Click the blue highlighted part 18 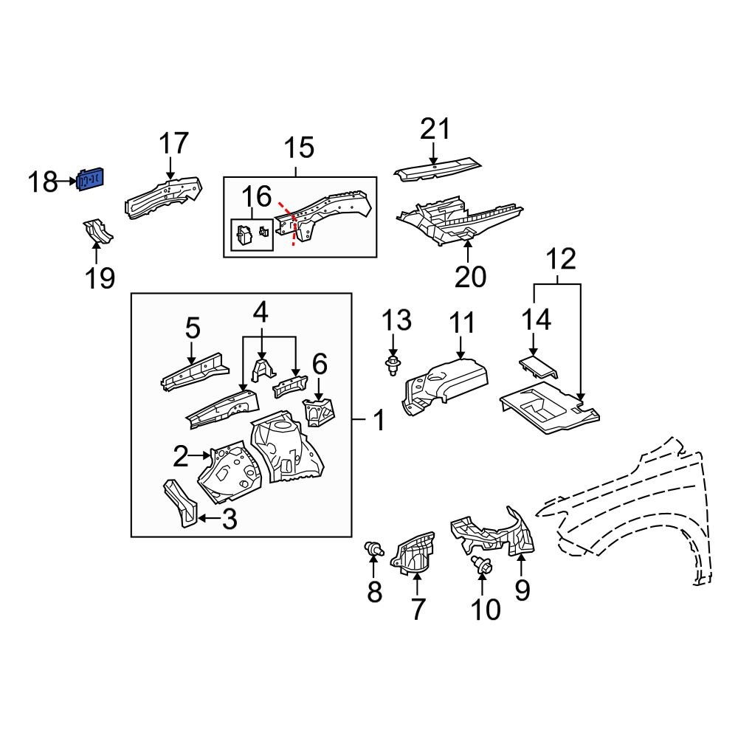(92, 179)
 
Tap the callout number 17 (174, 143)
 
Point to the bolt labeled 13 (393, 363)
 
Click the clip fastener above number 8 (374, 548)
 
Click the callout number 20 (471, 277)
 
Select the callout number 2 (181, 458)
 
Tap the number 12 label (560, 260)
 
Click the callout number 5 (192, 328)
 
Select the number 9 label (522, 590)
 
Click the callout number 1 (377, 422)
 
